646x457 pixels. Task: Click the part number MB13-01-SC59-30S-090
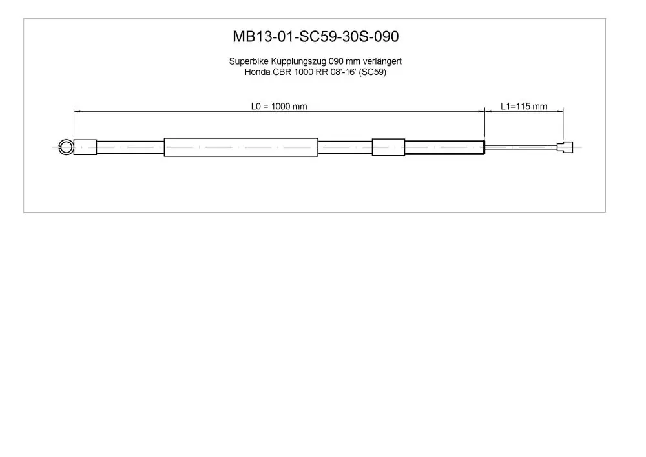pyautogui.click(x=316, y=37)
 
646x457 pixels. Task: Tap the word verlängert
pyautogui.click(x=382, y=61)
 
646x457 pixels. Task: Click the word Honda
pyautogui.click(x=258, y=72)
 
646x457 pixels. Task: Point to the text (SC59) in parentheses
pyautogui.click(x=373, y=72)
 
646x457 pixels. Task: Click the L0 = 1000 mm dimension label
pyautogui.click(x=279, y=106)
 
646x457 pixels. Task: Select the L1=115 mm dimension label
pyautogui.click(x=524, y=106)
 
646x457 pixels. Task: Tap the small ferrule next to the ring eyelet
pyautogui.click(x=85, y=147)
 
